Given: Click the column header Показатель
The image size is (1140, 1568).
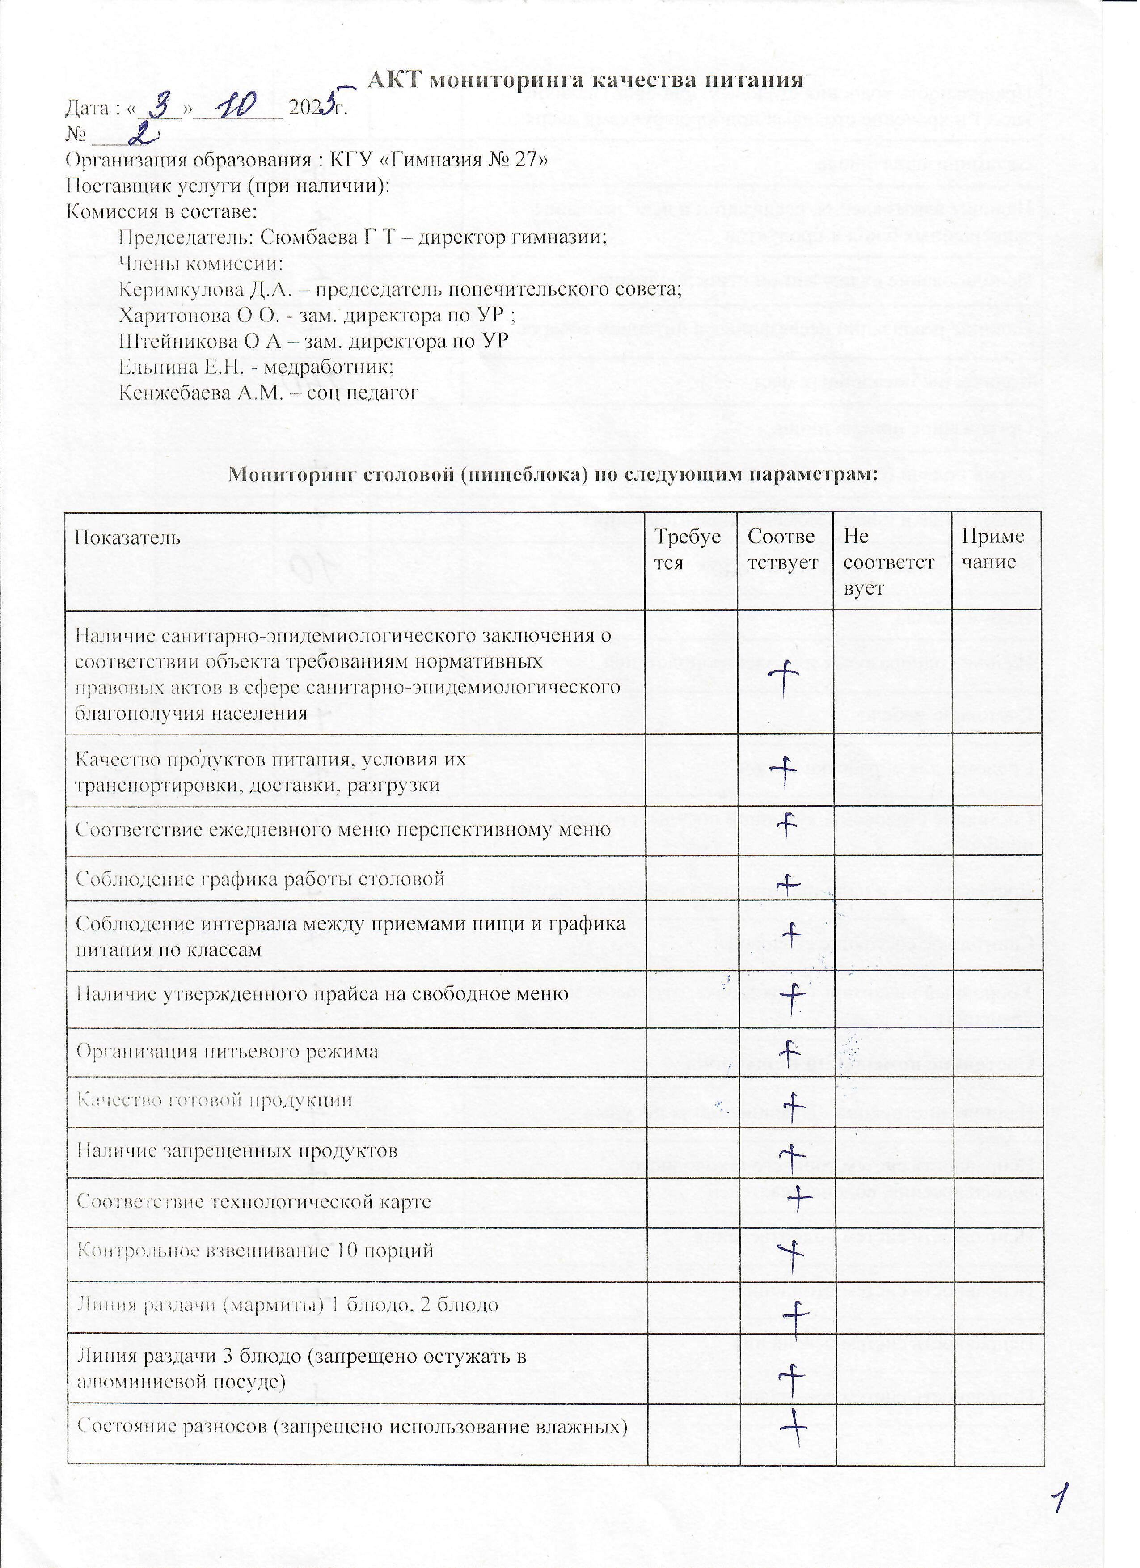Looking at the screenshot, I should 127,538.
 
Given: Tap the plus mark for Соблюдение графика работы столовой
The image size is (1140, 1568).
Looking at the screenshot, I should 787,883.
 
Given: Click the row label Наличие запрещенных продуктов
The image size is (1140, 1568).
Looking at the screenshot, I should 237,1151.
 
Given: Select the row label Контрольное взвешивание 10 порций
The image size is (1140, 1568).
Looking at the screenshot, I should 255,1251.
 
